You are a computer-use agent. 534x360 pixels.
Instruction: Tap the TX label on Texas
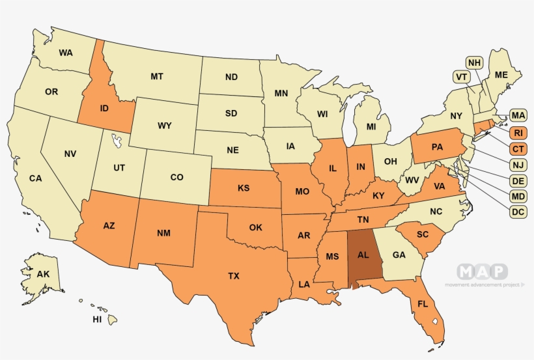[234, 276]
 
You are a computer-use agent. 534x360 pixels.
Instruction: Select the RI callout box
[518, 133]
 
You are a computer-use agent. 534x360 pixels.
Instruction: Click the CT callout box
[518, 149]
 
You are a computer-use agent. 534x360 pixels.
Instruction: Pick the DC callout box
[518, 212]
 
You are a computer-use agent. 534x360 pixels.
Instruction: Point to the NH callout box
[475, 62]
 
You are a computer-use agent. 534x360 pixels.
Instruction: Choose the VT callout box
[462, 77]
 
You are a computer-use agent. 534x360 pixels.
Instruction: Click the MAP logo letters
[482, 271]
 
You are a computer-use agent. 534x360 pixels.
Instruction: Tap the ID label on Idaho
[103, 108]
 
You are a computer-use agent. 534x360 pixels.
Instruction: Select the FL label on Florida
[423, 303]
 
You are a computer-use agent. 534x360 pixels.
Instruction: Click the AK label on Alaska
[43, 274]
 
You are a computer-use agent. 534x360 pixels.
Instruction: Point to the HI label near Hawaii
[97, 320]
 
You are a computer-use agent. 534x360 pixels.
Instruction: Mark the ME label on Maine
[501, 75]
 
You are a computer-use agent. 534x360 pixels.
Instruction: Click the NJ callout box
[518, 165]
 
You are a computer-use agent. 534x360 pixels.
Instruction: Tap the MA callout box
[518, 116]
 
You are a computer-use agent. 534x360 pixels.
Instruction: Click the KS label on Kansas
[244, 188]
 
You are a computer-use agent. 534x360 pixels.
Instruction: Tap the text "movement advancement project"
[483, 284]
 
